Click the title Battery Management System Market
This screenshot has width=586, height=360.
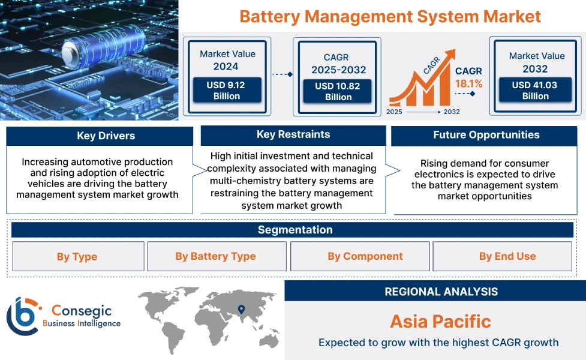coord(390,16)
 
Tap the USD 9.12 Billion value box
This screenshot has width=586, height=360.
coord(227,91)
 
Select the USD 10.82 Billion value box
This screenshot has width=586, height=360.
coord(338,92)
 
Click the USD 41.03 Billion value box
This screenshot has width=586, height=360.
coord(535,91)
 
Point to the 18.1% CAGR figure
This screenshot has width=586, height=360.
coord(468,84)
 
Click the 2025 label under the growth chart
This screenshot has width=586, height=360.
coord(395,112)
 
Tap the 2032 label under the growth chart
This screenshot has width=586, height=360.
coord(452,112)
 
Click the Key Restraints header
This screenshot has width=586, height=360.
coord(293,134)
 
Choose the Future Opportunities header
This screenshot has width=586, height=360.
coord(486,135)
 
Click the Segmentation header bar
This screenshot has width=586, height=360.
coord(294,230)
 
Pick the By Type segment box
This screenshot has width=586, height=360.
coord(77,257)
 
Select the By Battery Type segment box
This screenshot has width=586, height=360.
coord(215,256)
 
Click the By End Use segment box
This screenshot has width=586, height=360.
coord(507,256)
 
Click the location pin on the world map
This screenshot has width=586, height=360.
coord(241,310)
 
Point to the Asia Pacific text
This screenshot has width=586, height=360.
coord(440,321)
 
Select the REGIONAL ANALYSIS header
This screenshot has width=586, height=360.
coord(441,292)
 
